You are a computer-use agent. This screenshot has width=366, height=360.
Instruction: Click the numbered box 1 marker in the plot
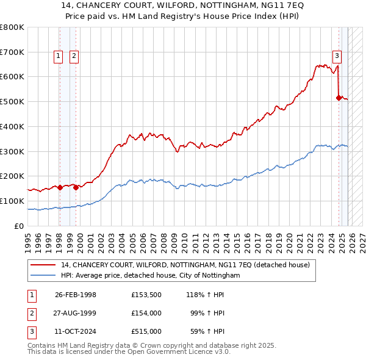pos(58,56)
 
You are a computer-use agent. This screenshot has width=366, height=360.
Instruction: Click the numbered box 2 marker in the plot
pos(74,56)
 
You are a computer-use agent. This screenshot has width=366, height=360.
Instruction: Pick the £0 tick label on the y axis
pos(20,226)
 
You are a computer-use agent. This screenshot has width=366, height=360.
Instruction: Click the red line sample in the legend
pos(43,265)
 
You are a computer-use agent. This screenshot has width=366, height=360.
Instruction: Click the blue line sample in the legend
pos(43,276)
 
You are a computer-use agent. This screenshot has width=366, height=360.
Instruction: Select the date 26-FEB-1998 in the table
pos(76,295)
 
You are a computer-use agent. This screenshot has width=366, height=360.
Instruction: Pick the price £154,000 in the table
pos(146,313)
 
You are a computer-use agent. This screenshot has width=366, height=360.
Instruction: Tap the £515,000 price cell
pos(146,331)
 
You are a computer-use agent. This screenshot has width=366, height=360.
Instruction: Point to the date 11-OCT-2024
pos(76,331)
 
